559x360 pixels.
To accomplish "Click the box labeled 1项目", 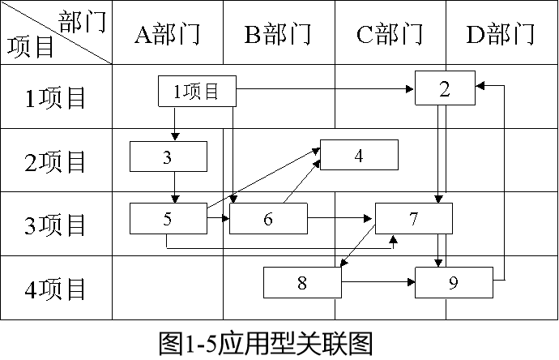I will pos(197,92).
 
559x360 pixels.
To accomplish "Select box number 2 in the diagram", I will pos(444,88).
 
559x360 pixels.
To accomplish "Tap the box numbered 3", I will pos(169,156).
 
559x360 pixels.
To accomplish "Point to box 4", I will pos(359,155).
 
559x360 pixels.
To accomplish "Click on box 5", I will pos(169,218).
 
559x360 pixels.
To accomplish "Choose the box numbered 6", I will pos(268,218).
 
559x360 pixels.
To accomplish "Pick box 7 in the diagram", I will pos(414,218).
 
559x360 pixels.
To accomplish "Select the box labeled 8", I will pos(302,282).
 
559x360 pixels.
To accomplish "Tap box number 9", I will pos(454,282).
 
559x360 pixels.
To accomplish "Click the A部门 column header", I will pos(167,34).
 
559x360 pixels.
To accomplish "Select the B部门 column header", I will pos(279,34).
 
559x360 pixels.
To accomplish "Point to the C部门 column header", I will pos(390,34).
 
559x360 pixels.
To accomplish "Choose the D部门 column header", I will pos(501,34).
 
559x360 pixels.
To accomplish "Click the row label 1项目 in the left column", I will pos(56,97).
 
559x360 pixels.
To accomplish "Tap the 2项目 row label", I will pos(56,161).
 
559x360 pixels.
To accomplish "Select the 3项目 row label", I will pos(56,224).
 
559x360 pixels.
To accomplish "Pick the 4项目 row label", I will pos(56,288).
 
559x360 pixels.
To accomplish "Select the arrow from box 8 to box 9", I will pos(378,282).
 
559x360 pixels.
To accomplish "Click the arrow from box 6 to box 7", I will pos(341,218).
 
